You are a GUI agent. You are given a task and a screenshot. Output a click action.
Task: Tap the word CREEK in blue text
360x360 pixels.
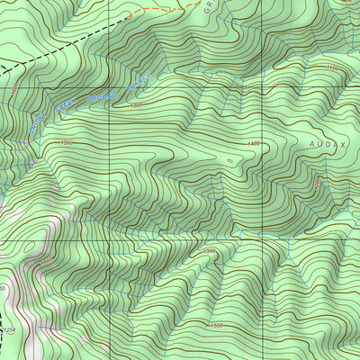[x=67, y=108]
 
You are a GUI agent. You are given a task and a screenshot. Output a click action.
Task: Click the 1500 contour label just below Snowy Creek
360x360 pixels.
[x=67, y=142]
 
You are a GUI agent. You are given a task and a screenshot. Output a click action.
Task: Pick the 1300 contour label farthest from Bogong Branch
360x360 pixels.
[x=209, y=250]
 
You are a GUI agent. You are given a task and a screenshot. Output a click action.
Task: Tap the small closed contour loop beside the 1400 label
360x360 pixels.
[x=230, y=161]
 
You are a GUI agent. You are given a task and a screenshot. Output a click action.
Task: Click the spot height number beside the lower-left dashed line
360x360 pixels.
[x=10, y=331]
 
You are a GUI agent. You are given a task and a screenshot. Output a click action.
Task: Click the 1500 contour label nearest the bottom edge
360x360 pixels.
[x=215, y=325]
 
